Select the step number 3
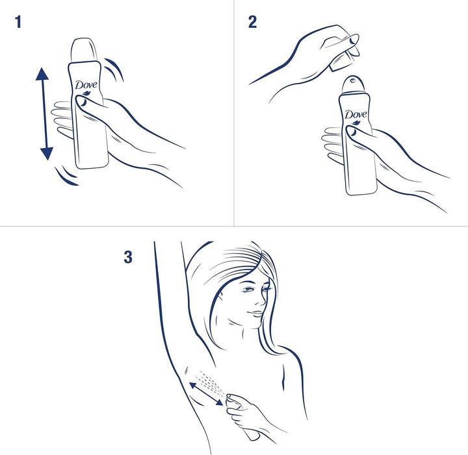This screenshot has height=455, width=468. [x=128, y=257]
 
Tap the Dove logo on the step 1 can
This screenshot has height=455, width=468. [x=86, y=86]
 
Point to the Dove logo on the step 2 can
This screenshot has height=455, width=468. [x=356, y=116]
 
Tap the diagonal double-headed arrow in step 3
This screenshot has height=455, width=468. [x=206, y=395]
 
